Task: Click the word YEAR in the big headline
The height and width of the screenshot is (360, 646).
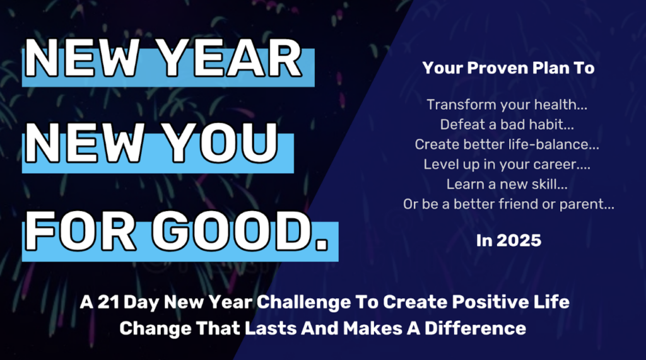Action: [x=230, y=59]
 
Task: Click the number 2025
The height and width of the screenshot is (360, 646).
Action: [x=519, y=241]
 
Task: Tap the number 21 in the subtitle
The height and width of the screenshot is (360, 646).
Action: [x=109, y=302]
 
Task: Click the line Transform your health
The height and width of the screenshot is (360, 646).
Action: [x=507, y=105]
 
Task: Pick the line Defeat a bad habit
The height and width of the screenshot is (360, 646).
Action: [x=507, y=124]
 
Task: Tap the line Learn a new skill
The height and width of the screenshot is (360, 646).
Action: [x=507, y=184]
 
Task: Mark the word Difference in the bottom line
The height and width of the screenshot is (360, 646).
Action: [x=475, y=328]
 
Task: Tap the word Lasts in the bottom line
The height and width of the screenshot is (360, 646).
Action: [x=271, y=328]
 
